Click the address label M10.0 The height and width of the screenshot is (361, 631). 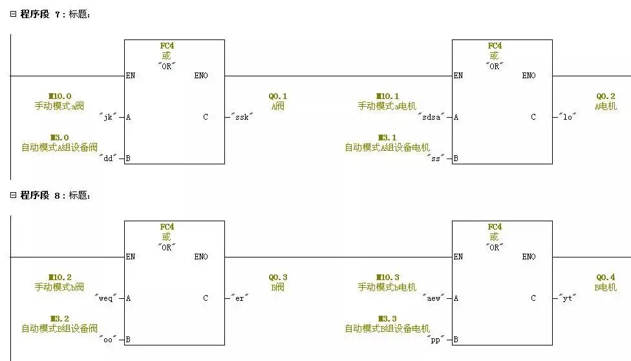(x=59, y=96)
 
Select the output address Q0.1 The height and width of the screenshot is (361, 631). (x=278, y=96)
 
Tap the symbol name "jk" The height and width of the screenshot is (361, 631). (x=108, y=117)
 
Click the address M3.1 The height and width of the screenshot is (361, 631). (x=387, y=138)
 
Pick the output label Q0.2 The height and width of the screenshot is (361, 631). (x=606, y=96)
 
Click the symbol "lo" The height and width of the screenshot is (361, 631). (x=567, y=117)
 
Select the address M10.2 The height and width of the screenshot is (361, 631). (x=59, y=278)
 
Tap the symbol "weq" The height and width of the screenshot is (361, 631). (x=106, y=298)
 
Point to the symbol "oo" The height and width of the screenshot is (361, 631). (x=108, y=340)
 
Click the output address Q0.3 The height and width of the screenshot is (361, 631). (x=278, y=278)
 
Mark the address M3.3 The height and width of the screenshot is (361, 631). (x=387, y=319)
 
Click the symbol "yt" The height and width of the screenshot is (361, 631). (x=567, y=298)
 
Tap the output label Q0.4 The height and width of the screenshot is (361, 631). (x=606, y=278)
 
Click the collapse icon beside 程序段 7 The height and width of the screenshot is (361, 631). (x=13, y=14)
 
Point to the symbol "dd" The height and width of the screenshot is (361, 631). (x=108, y=159)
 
